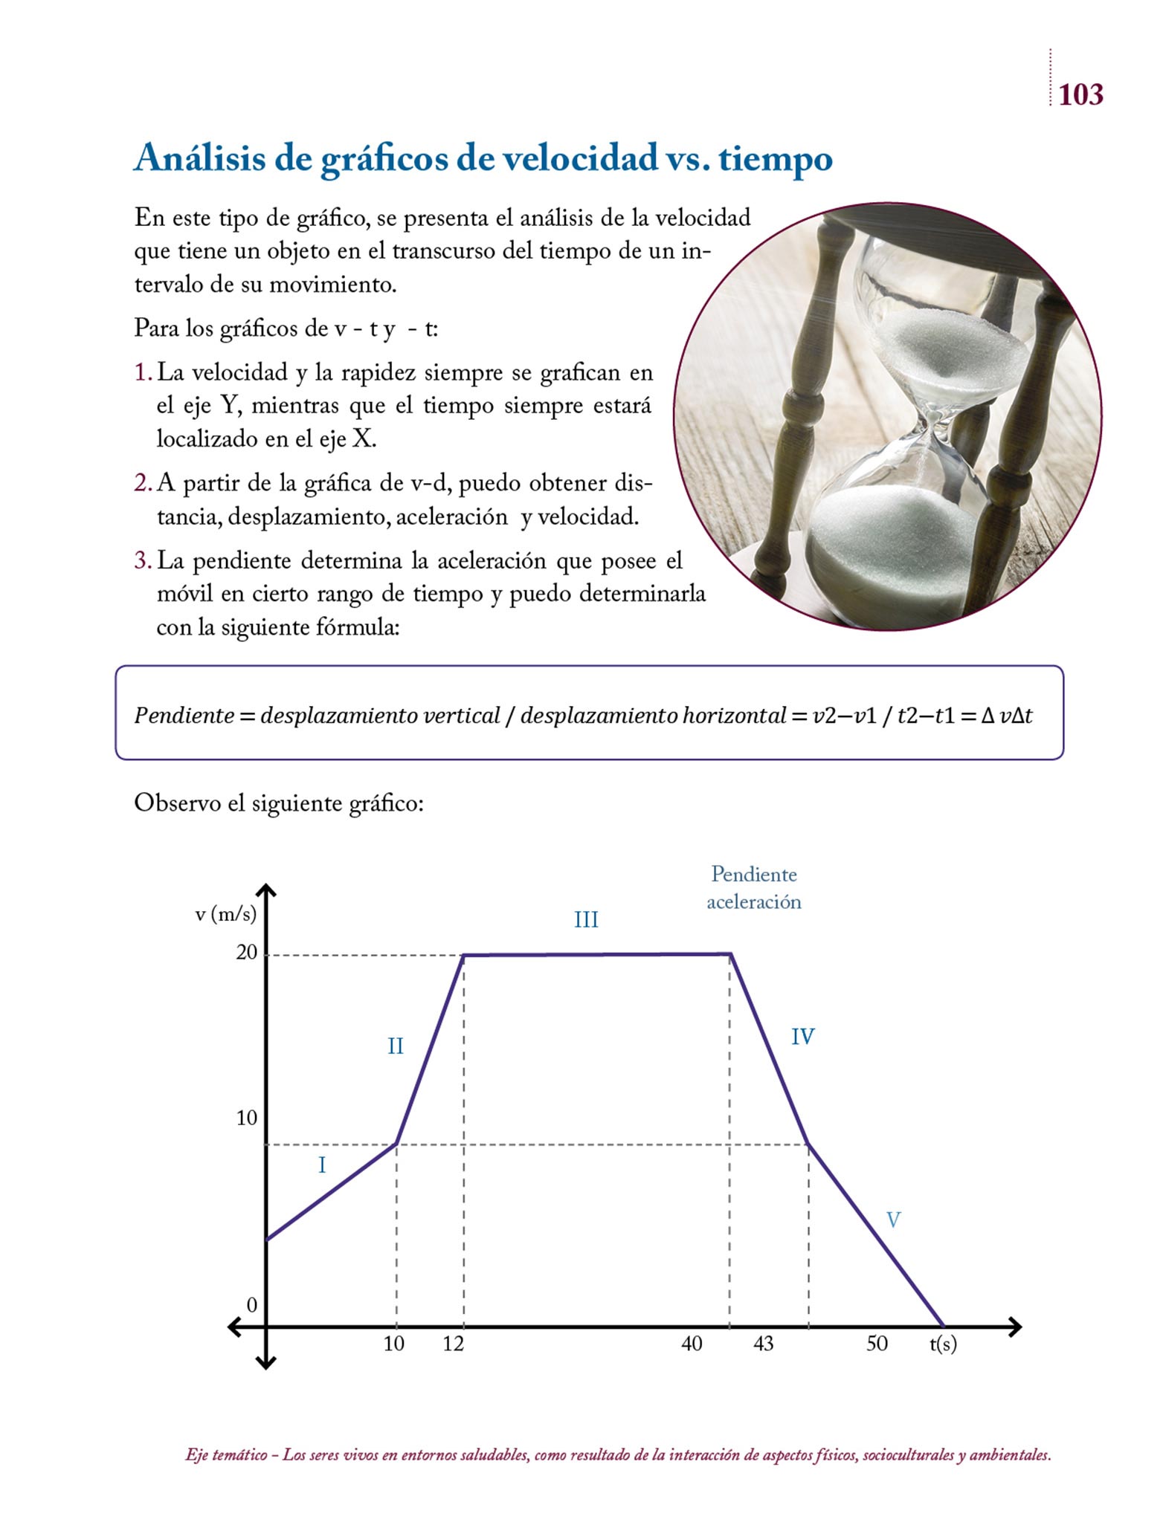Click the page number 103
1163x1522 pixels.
(x=1080, y=95)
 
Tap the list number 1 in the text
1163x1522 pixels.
(x=142, y=372)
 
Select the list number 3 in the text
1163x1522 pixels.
(x=142, y=560)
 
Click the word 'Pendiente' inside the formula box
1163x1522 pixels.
(x=184, y=716)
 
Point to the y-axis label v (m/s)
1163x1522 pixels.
(x=225, y=914)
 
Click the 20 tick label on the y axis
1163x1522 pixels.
(x=246, y=953)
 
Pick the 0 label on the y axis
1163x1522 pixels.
(x=251, y=1304)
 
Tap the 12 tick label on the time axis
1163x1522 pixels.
(x=453, y=1343)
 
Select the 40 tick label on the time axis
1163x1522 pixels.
(x=692, y=1343)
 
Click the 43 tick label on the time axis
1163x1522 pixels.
(x=763, y=1343)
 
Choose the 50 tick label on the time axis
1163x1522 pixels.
(x=877, y=1343)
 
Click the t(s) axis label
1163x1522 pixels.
(x=943, y=1344)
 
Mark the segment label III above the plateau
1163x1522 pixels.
(x=586, y=920)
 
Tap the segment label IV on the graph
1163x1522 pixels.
(x=802, y=1036)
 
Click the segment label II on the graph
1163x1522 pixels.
(x=396, y=1046)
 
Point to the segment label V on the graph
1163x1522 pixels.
(x=893, y=1220)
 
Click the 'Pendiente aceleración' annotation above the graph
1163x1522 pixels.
(x=753, y=888)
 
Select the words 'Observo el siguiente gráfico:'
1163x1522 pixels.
(x=279, y=803)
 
